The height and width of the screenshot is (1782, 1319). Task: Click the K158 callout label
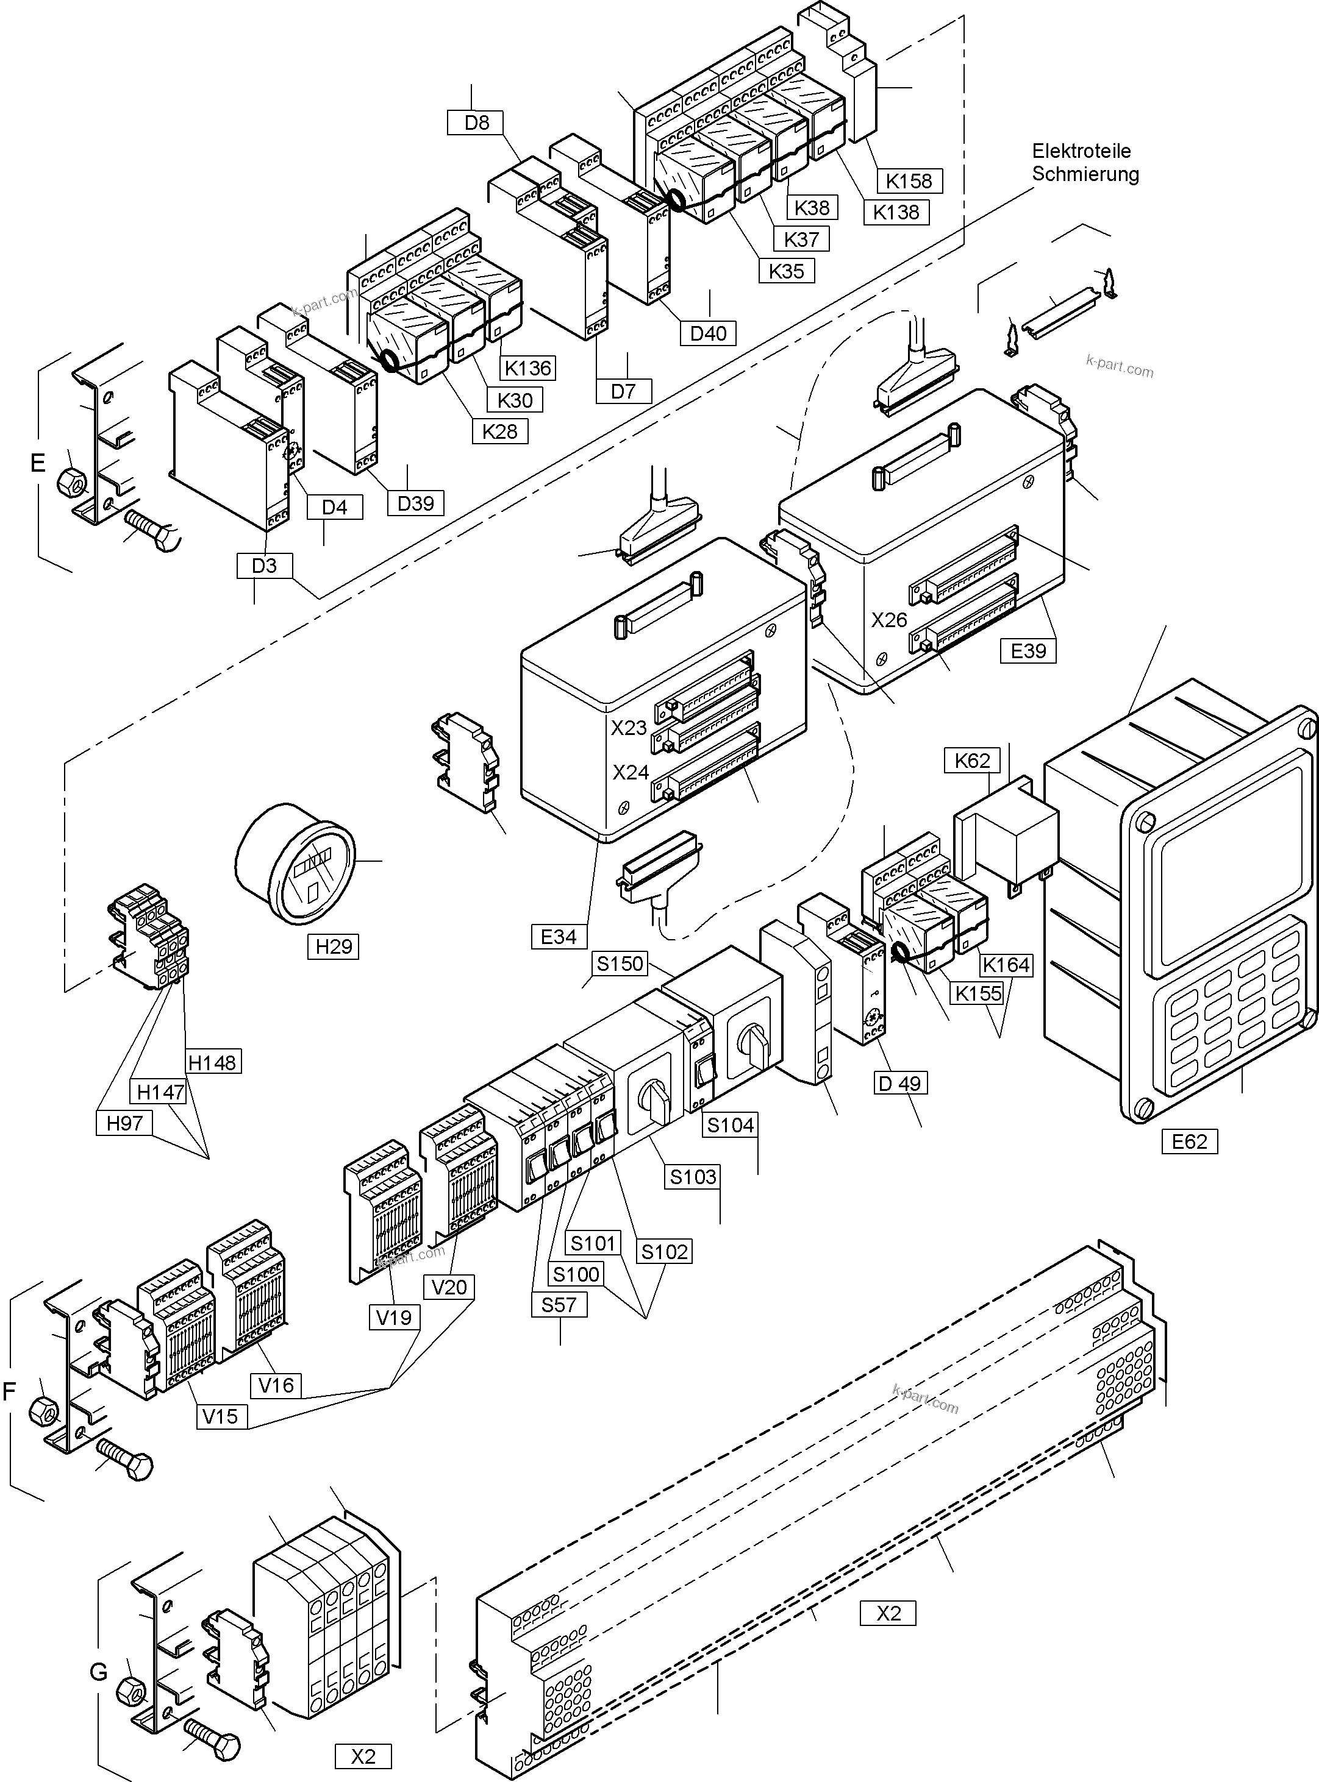tap(909, 181)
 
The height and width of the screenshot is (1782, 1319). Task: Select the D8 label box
tap(477, 123)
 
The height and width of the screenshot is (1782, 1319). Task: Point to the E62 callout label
tap(1189, 1142)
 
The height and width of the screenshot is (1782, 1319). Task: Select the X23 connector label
tap(629, 728)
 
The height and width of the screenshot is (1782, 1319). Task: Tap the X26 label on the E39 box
tap(888, 620)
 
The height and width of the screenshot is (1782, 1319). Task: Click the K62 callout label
tap(971, 761)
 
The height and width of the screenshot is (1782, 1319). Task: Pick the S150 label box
tap(620, 964)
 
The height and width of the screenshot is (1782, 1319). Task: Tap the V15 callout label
tap(220, 1416)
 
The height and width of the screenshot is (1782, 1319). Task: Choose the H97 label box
tap(124, 1124)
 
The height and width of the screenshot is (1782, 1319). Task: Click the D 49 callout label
tap(899, 1084)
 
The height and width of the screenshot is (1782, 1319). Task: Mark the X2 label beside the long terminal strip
tap(888, 1614)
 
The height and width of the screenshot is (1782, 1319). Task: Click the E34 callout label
tap(558, 937)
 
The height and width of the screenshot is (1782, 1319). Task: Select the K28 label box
tap(500, 431)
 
